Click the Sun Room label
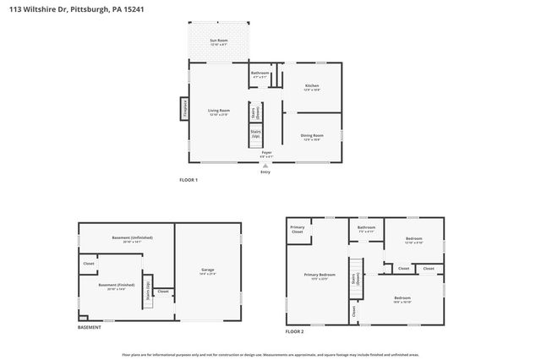[219, 41]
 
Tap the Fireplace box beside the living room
[183, 110]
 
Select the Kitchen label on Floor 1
[312, 87]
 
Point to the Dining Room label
[312, 137]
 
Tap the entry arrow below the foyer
[265, 166]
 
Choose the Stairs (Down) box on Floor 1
[254, 112]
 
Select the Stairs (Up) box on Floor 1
[254, 134]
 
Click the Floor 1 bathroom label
[260, 74]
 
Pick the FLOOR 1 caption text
[188, 180]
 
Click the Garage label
[207, 271]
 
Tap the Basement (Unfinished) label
[132, 239]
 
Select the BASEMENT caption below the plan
[89, 328]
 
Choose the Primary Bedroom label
[314, 276]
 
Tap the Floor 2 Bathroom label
[366, 228]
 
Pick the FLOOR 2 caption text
[294, 332]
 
